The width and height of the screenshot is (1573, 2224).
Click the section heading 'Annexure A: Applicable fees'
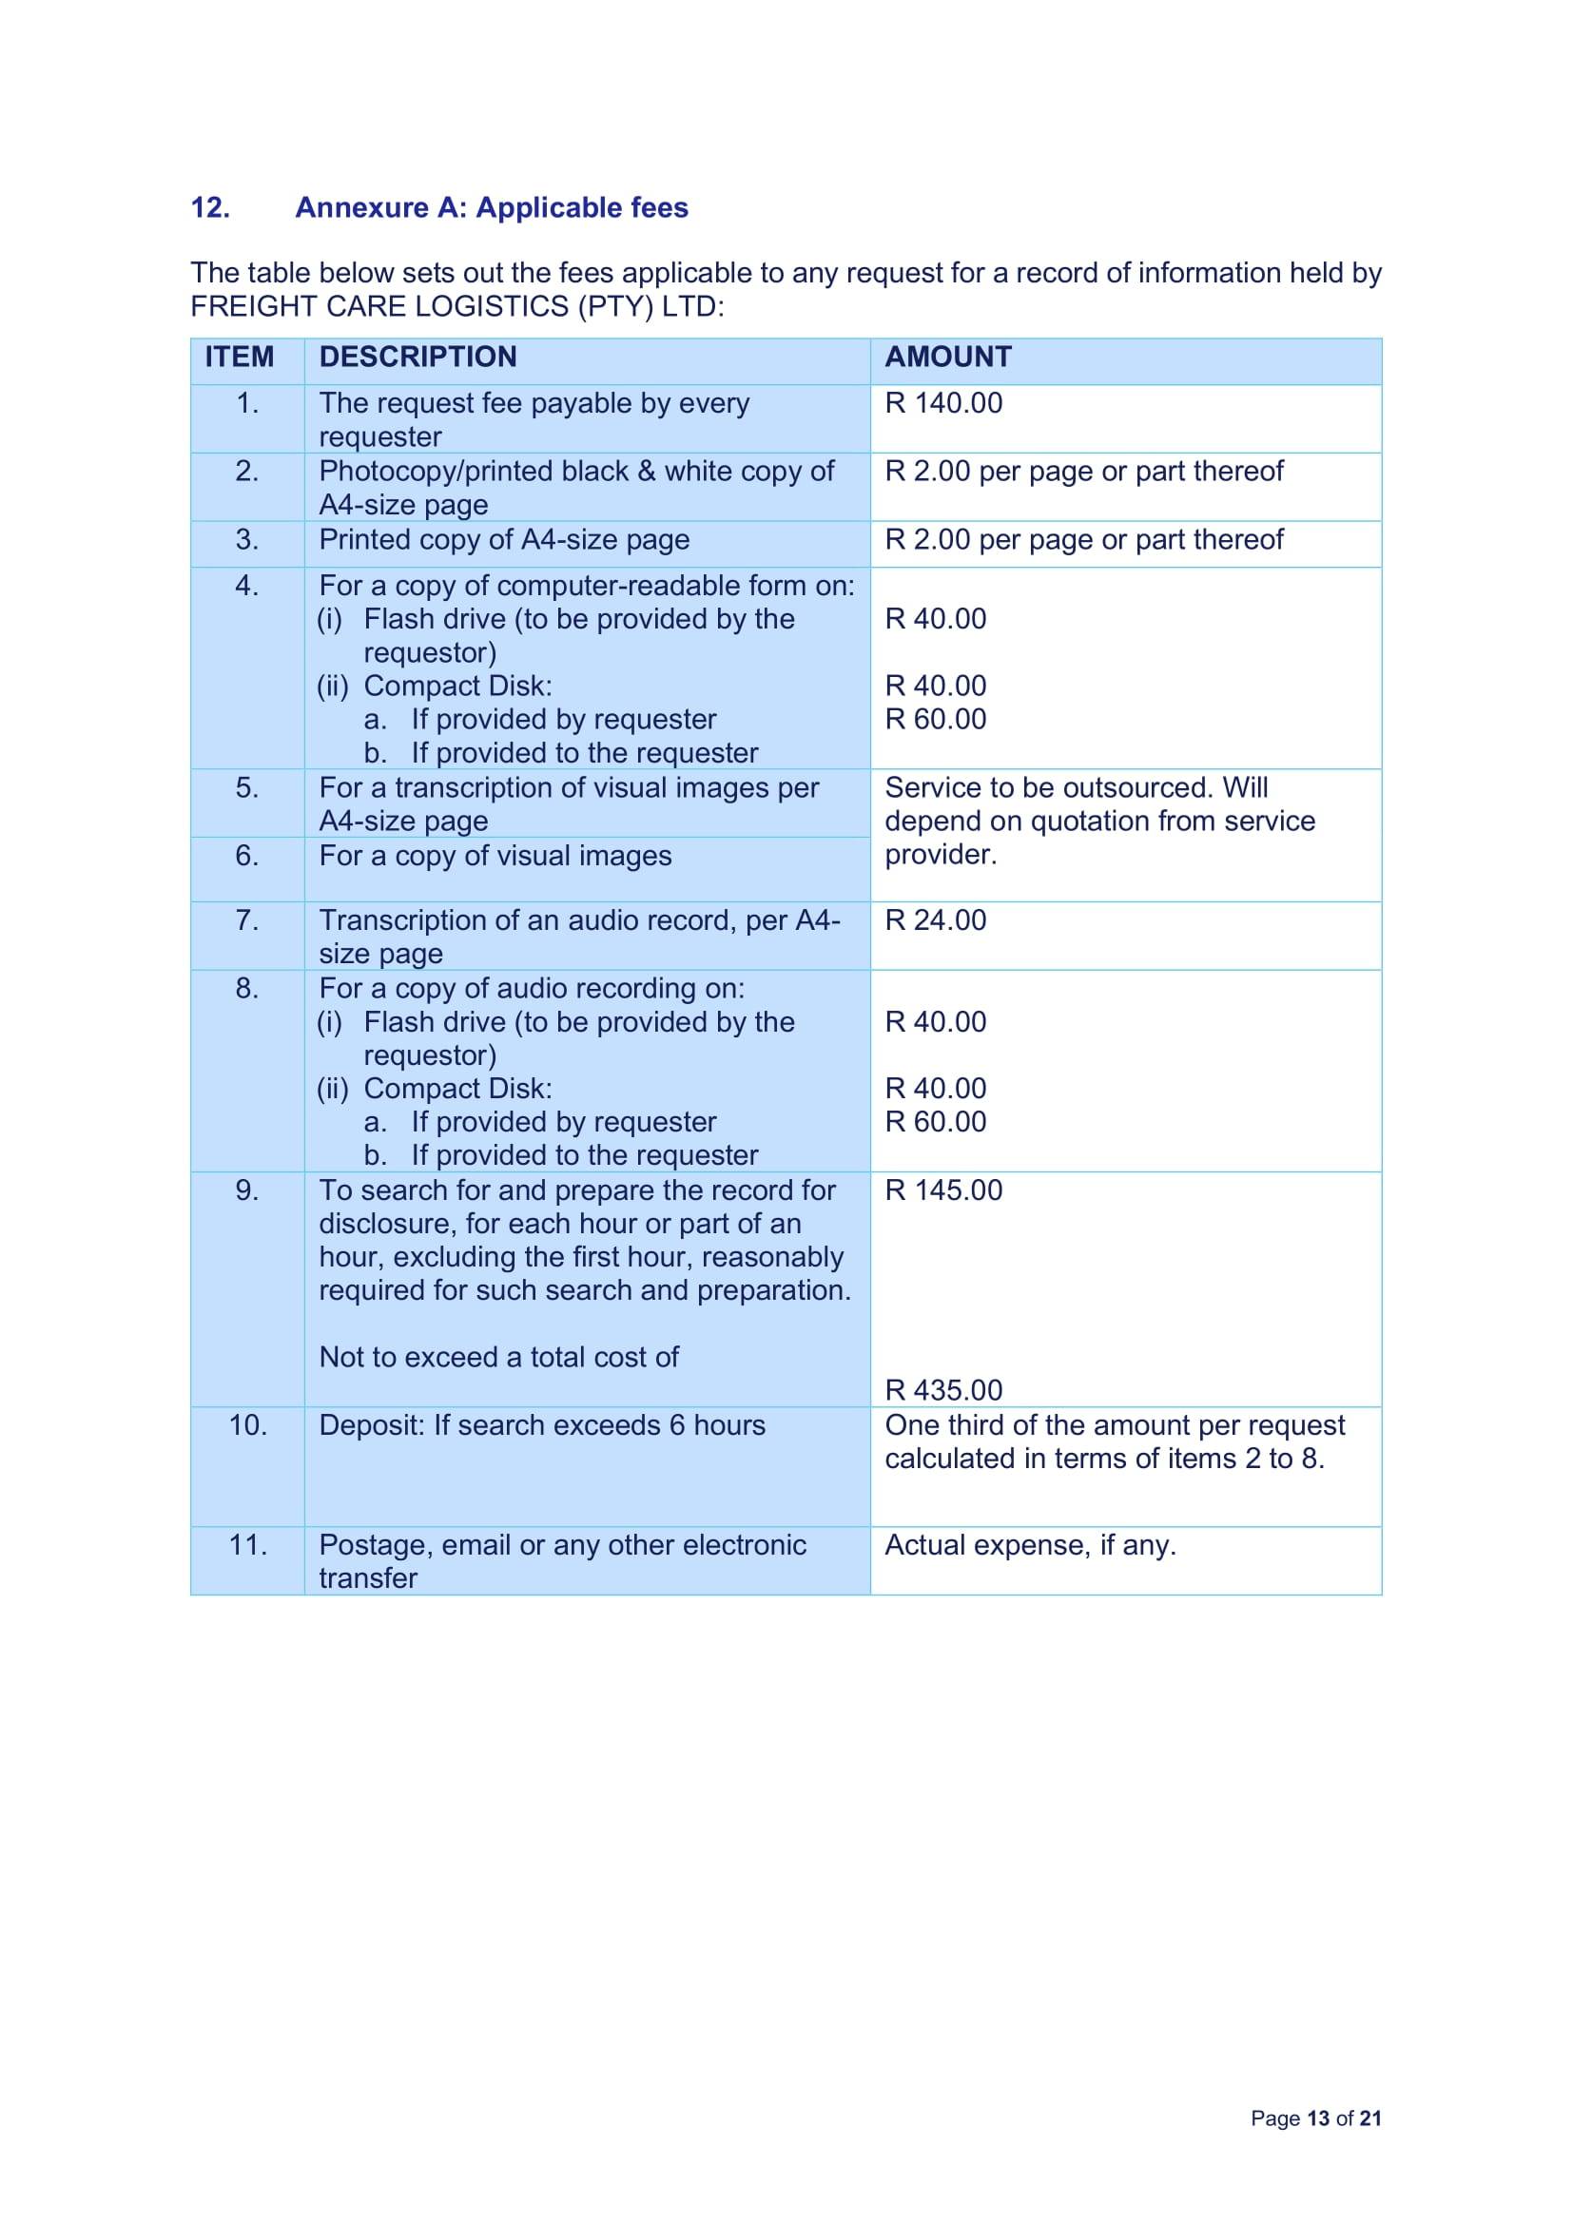pos(491,207)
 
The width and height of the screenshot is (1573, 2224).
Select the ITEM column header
pos(240,357)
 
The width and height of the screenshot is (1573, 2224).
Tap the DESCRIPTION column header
pos(418,357)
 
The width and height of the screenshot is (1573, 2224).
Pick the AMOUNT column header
pos(947,357)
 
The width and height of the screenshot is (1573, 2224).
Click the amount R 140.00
pos(943,403)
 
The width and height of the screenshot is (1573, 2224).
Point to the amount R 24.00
pos(935,919)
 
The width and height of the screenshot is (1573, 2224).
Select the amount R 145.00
pos(943,1189)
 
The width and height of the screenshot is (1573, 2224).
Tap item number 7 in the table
pos(247,919)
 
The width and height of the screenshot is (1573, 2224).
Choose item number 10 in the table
pos(247,1425)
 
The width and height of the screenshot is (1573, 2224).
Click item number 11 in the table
pos(247,1544)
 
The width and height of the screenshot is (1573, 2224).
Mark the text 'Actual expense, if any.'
pos(1030,1544)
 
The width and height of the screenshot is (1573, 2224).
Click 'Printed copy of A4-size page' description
pos(504,539)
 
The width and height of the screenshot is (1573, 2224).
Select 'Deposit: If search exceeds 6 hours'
pos(541,1425)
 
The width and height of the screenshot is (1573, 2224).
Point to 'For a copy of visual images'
pos(495,856)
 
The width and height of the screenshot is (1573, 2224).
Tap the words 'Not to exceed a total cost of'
pos(499,1356)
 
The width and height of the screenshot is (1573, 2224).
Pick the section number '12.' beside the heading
pos(210,207)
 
